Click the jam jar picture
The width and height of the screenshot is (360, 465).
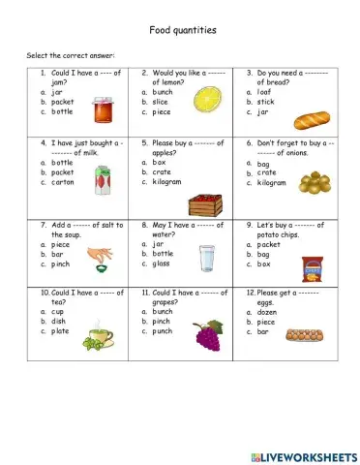click(103, 111)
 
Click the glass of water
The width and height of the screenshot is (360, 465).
click(206, 259)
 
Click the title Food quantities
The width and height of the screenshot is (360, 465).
click(183, 30)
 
